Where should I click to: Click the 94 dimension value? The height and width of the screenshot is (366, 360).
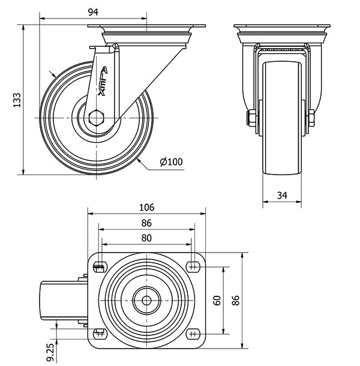click(92, 12)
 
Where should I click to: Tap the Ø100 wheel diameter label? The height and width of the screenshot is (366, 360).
click(171, 161)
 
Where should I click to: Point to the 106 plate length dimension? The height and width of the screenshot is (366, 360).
click(146, 208)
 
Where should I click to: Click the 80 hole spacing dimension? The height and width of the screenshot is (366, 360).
click(146, 238)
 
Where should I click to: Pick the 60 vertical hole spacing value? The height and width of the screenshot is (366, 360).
click(217, 300)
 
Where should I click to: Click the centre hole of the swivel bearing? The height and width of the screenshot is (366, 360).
click(146, 299)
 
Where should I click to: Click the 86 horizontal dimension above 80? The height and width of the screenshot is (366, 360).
click(146, 223)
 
